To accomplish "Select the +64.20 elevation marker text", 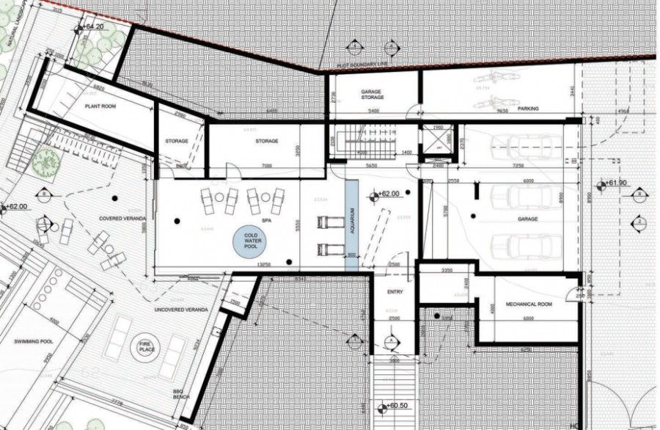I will pos(92,27).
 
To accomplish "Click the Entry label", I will pos(395,292).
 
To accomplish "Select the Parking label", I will pos(528,109).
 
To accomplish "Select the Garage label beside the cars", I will pos(527,219).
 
